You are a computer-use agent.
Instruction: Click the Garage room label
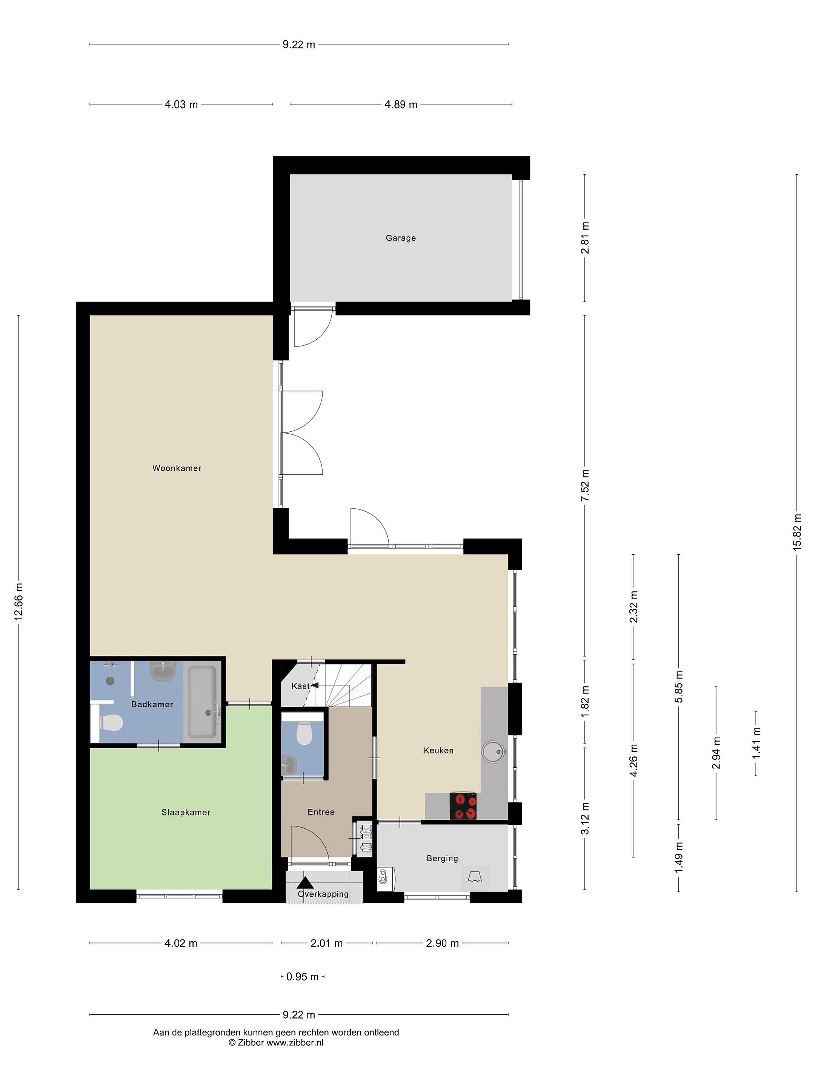pyautogui.click(x=400, y=238)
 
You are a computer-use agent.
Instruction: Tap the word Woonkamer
pyautogui.click(x=177, y=468)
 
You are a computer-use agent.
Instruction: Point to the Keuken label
pyautogui.click(x=439, y=750)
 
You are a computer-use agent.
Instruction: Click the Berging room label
pyautogui.click(x=442, y=858)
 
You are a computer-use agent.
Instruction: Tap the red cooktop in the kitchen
pyautogui.click(x=463, y=806)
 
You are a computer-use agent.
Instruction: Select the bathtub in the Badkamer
pyautogui.click(x=202, y=702)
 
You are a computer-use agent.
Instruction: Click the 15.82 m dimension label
pyautogui.click(x=797, y=532)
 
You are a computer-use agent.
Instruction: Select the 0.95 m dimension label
pyautogui.click(x=302, y=977)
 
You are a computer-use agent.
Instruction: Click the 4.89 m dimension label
pyautogui.click(x=401, y=104)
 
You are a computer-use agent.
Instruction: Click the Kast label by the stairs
pyautogui.click(x=300, y=686)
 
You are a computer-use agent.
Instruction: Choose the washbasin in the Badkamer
pyautogui.click(x=163, y=671)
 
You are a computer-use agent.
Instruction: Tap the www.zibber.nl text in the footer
pyautogui.click(x=295, y=1042)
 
